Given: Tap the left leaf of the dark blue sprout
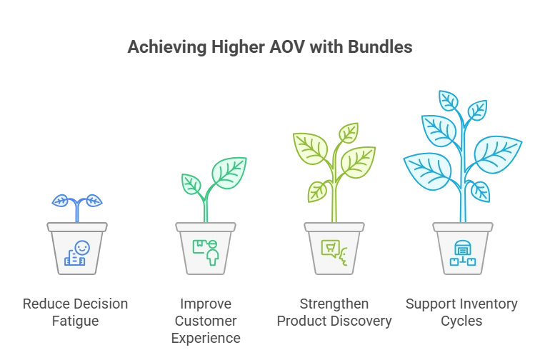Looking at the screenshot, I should click(61, 201).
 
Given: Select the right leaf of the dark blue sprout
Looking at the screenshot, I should click(94, 201).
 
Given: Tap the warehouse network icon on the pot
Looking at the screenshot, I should click(462, 252).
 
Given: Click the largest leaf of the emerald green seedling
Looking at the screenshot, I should click(229, 172).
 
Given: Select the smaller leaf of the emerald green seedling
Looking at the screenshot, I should click(191, 184).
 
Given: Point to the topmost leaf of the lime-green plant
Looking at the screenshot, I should click(348, 132).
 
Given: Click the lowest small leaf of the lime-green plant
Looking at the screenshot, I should click(316, 191).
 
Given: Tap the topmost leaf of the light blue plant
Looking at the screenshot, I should click(448, 101).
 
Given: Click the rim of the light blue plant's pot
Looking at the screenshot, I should click(463, 227).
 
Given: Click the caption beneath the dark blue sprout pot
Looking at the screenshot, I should click(77, 311).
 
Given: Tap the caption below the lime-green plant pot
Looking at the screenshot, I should click(334, 311).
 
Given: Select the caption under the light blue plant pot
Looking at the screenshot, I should click(462, 311).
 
